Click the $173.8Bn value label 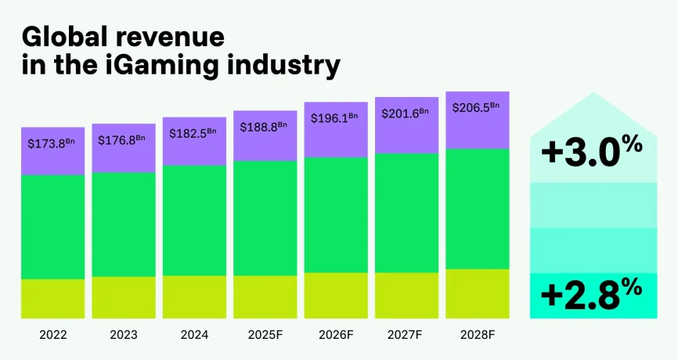tap(52, 143)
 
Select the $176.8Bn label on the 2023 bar tap(123, 140)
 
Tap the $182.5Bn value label tap(194, 133)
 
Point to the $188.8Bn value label tap(265, 128)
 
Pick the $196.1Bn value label tap(336, 119)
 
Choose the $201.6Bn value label tap(406, 113)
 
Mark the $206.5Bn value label tap(478, 107)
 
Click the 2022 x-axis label tap(52, 334)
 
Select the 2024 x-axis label tap(194, 334)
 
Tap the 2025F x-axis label tap(265, 334)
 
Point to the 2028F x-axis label tap(478, 334)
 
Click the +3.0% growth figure tap(592, 151)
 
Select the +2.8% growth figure tap(592, 295)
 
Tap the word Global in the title tap(67, 36)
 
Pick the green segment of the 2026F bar tap(336, 214)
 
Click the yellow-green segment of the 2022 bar tap(52, 298)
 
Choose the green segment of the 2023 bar tap(123, 224)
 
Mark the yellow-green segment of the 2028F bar tap(478, 293)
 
